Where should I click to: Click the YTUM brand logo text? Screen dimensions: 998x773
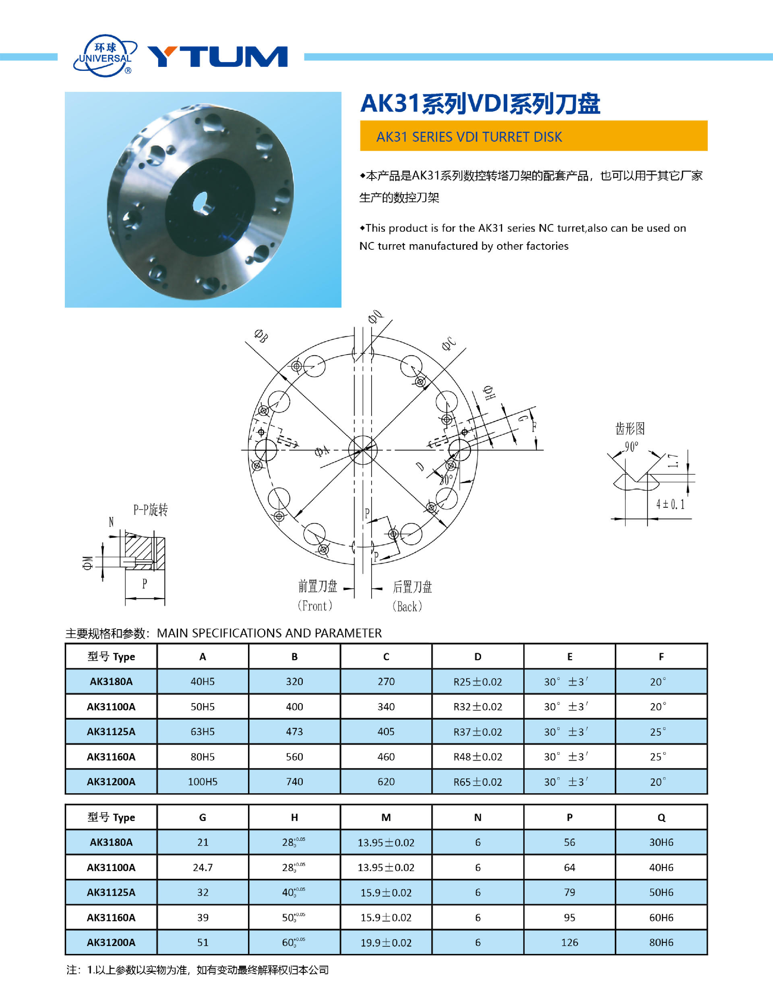click(x=217, y=57)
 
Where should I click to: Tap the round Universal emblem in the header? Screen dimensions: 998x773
click(x=105, y=56)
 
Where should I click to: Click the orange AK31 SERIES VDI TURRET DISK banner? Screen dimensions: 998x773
click(x=533, y=136)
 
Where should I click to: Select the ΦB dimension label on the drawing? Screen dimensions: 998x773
click(x=261, y=336)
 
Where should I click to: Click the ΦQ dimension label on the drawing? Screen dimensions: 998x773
click(x=375, y=316)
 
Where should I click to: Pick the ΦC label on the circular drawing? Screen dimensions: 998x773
click(x=449, y=344)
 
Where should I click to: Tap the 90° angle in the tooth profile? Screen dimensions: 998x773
click(x=631, y=447)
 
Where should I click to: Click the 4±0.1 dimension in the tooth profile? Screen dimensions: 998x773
click(x=670, y=504)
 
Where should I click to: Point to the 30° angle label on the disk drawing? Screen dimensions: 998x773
click(x=446, y=479)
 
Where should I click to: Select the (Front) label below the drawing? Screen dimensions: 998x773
click(x=315, y=606)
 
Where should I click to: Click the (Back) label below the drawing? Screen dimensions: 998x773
click(x=407, y=606)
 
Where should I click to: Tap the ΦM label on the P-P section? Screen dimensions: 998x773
click(x=88, y=562)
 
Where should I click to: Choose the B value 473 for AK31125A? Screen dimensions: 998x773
click(x=294, y=732)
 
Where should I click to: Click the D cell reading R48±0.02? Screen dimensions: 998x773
click(x=477, y=757)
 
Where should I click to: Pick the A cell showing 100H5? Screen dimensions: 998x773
click(x=203, y=782)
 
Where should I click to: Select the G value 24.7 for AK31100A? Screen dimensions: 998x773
click(x=203, y=867)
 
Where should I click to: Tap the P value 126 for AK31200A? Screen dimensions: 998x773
click(x=569, y=943)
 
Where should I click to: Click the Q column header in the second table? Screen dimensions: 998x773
click(x=661, y=817)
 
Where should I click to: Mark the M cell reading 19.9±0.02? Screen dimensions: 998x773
click(x=386, y=943)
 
